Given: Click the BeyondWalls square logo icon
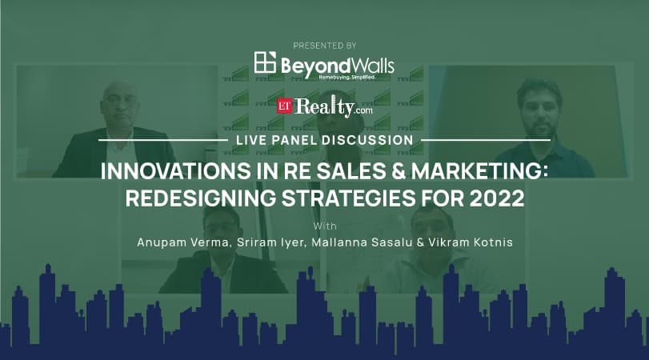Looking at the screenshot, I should coord(265,63).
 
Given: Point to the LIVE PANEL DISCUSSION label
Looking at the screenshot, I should coord(324,140).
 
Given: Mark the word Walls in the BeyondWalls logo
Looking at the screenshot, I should coord(369,65).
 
